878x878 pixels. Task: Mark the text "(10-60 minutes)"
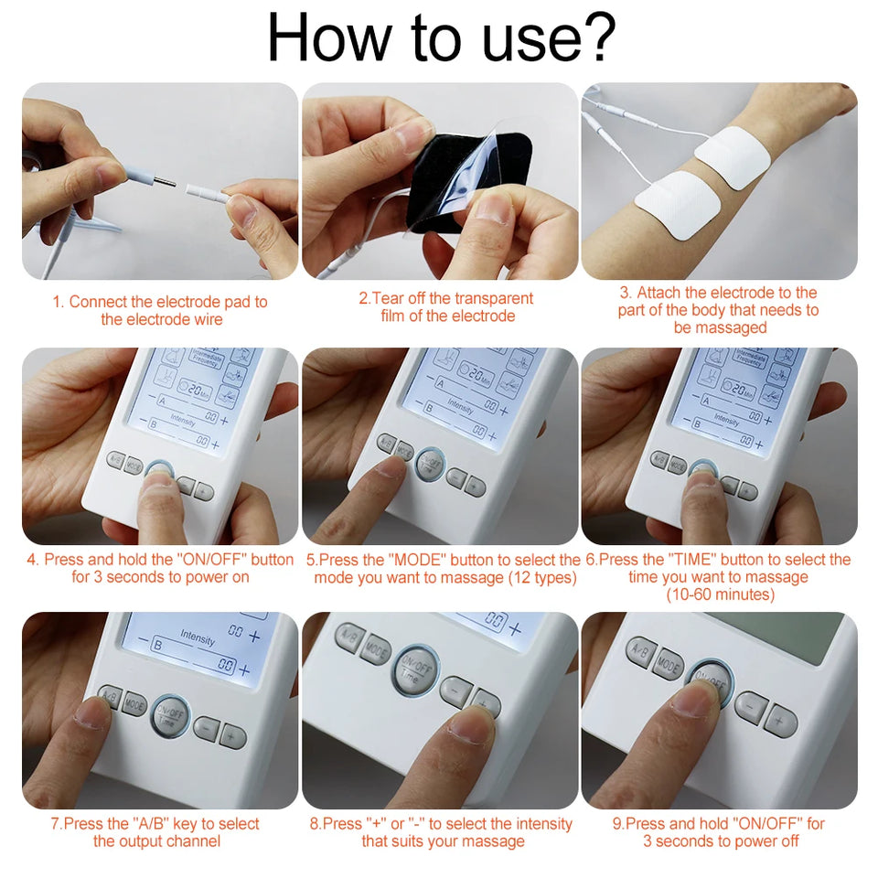coord(720,594)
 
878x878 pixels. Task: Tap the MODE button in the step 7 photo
coord(134,705)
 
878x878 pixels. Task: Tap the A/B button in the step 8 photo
coord(349,637)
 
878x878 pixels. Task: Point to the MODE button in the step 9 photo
coord(669,664)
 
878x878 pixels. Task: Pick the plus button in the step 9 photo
coord(780,721)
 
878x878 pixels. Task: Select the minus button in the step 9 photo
coord(751,706)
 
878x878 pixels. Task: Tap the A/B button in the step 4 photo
coord(115,458)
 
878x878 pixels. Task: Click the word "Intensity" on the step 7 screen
coord(198,635)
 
